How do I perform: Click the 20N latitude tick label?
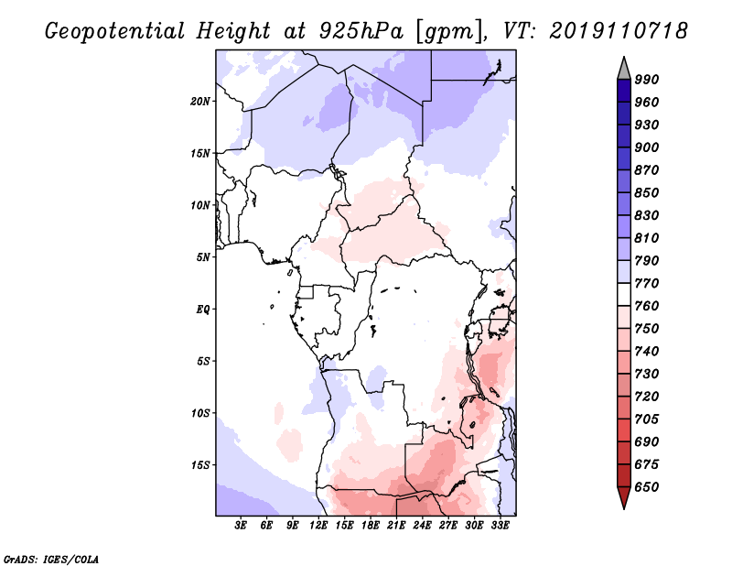click(200, 102)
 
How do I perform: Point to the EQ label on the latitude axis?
click(202, 310)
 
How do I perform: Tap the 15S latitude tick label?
click(200, 465)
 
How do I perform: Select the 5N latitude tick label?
click(203, 257)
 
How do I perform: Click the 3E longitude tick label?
click(241, 526)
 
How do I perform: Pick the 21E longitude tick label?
click(396, 526)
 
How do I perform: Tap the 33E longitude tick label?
click(500, 526)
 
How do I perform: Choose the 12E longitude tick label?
click(318, 526)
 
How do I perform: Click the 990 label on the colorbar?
click(647, 80)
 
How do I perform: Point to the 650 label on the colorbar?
click(647, 487)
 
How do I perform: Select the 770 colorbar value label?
click(647, 283)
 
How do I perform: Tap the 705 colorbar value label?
click(647, 419)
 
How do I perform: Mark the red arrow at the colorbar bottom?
click(624, 496)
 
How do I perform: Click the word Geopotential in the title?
click(115, 31)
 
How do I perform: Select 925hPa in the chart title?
click(361, 31)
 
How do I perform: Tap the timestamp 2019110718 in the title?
click(619, 30)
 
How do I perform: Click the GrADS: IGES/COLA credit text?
click(51, 560)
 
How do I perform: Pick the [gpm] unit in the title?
click(451, 32)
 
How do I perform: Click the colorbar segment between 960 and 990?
click(624, 91)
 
